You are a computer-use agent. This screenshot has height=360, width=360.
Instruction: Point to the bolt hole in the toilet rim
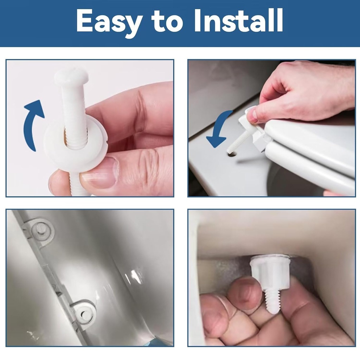tap(231, 154)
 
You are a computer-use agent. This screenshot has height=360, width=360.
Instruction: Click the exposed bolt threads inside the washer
tap(76, 139)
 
